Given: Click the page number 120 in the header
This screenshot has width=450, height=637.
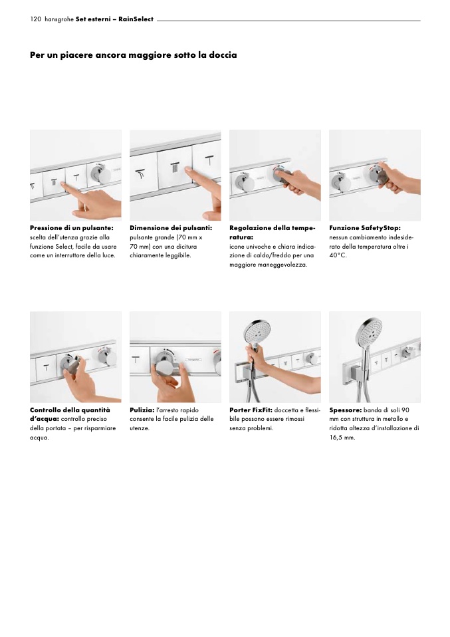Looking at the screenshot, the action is click(x=35, y=19).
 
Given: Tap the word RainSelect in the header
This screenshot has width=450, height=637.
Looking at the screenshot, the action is click(x=136, y=19).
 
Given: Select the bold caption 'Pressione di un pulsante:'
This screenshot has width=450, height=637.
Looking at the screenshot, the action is click(x=72, y=228).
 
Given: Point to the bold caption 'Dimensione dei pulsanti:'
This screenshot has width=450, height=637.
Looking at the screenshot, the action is click(x=171, y=228).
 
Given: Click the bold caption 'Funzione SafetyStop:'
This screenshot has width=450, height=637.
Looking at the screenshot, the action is click(x=365, y=228).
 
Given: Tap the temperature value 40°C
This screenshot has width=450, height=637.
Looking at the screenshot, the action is click(x=338, y=255).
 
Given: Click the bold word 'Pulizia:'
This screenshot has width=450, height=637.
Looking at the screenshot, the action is click(x=142, y=410).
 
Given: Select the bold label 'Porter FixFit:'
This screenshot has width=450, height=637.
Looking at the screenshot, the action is click(x=251, y=410).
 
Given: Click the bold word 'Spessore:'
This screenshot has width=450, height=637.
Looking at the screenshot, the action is click(x=345, y=410).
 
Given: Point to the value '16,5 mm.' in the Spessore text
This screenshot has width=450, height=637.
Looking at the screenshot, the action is click(x=342, y=438).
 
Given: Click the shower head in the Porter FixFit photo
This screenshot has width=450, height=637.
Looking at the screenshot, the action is click(x=255, y=332).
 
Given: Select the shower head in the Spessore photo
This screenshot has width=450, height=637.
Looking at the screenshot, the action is click(x=370, y=330).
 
